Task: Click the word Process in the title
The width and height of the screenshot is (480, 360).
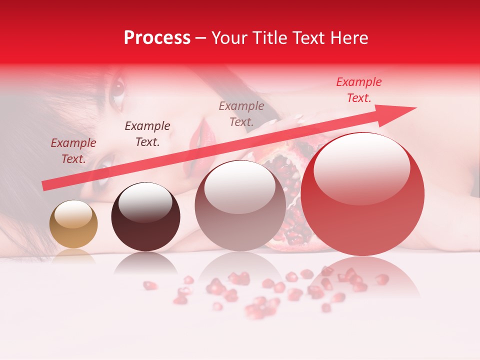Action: tap(157, 38)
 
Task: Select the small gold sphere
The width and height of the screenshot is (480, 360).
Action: tap(73, 224)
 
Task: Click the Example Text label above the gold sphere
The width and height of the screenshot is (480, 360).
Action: tap(73, 151)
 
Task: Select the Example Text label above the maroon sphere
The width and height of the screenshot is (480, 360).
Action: tap(147, 134)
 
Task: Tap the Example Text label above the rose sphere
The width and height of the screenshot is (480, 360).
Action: tap(241, 113)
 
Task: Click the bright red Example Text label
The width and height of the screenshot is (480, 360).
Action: tap(358, 90)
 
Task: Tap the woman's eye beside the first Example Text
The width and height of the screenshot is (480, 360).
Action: tap(103, 163)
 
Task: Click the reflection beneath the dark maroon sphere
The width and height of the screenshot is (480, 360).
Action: tap(145, 262)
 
